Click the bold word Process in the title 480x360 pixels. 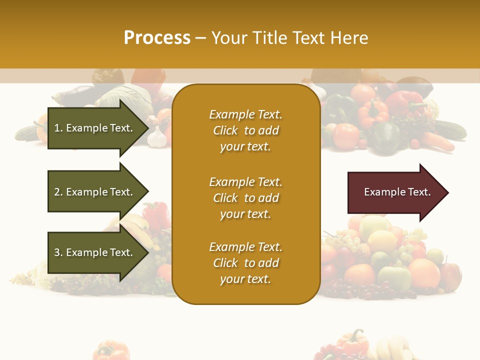tap(157, 38)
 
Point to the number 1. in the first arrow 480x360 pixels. tap(58, 128)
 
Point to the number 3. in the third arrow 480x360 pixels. tap(58, 252)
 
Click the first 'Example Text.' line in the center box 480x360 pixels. tap(245, 114)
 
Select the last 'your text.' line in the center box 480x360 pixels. tap(245, 279)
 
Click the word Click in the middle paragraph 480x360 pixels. tap(225, 198)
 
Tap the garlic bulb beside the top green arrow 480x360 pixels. tap(157, 137)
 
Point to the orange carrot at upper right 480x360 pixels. tap(439, 141)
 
